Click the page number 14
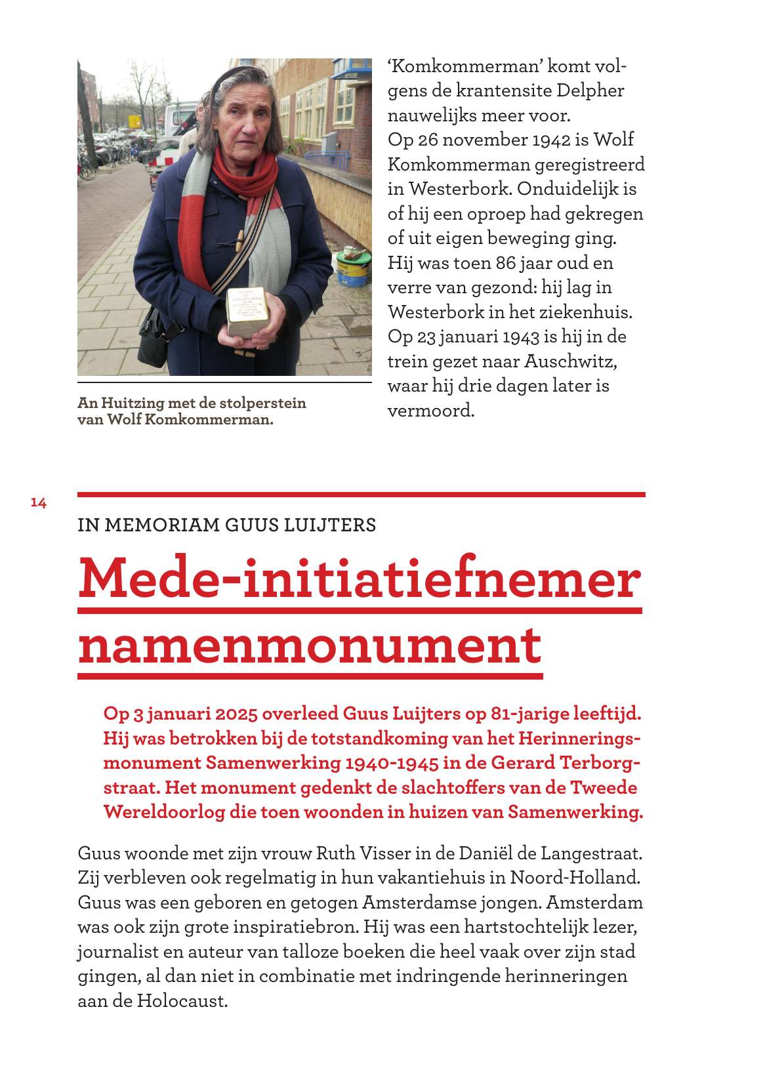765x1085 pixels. pyautogui.click(x=39, y=503)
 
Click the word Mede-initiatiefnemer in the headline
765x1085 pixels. pyautogui.click(x=359, y=579)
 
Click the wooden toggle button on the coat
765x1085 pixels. pyautogui.click(x=241, y=239)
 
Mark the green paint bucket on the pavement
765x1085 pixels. pyautogui.click(x=354, y=270)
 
